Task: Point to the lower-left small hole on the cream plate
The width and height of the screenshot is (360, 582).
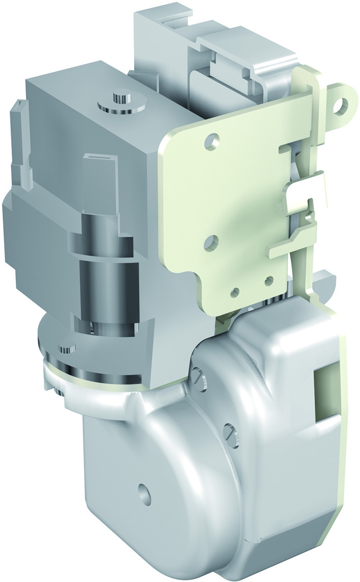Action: click(235, 292)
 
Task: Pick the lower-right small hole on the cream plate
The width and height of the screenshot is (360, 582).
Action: click(269, 281)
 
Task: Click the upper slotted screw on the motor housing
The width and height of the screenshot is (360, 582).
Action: click(199, 377)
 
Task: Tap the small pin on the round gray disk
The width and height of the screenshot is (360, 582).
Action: click(67, 350)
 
